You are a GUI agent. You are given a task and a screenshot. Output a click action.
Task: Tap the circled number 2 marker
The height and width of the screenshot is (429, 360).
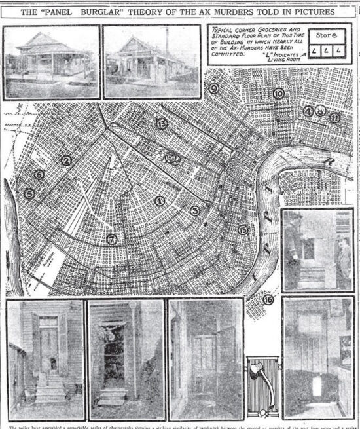(65, 159)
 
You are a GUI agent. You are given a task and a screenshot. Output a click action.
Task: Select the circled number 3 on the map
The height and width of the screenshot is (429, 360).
(194, 210)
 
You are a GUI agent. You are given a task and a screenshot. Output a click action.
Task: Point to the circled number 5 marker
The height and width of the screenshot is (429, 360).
(29, 194)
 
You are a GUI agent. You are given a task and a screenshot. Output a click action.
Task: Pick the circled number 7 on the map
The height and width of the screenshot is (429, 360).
(112, 240)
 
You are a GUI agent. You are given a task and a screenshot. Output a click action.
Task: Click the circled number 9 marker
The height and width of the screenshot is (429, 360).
(213, 88)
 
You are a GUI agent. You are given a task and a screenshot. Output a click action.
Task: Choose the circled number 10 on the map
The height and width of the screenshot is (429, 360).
(279, 94)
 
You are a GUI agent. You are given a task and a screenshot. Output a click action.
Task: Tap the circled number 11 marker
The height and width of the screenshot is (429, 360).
(334, 118)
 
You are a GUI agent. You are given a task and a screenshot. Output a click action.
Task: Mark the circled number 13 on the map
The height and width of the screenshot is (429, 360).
(161, 123)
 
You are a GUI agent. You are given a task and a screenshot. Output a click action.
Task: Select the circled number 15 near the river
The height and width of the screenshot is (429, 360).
(243, 229)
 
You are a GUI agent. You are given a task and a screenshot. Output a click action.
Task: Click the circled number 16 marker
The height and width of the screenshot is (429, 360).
(267, 300)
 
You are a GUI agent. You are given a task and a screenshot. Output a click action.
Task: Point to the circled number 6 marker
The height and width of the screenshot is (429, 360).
(39, 174)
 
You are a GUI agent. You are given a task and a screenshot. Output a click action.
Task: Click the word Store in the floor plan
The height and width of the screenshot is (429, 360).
(325, 35)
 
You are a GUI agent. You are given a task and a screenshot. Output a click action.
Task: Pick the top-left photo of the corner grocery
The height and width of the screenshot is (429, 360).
(52, 62)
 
